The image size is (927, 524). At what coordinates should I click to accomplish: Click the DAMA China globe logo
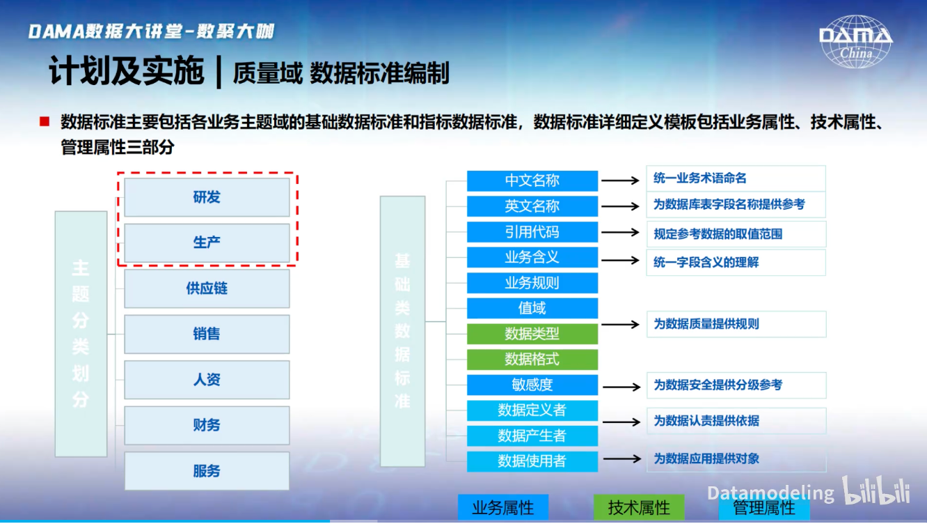[856, 41]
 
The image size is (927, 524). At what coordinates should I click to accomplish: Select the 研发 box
[207, 197]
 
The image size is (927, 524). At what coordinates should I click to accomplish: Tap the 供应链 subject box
[207, 288]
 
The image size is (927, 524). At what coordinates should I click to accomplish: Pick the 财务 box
[207, 425]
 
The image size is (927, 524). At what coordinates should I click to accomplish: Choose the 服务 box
[207, 471]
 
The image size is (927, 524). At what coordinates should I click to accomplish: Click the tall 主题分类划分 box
[81, 334]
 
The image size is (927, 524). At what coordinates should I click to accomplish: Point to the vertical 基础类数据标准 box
[403, 332]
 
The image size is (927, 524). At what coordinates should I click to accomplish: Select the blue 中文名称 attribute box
[532, 180]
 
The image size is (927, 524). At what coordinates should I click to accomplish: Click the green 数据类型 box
[532, 334]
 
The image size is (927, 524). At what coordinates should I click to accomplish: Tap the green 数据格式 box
[532, 359]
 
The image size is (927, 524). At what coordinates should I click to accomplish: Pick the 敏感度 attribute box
[532, 385]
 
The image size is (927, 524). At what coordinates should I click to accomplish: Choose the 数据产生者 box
[532, 436]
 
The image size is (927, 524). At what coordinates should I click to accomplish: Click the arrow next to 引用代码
[620, 232]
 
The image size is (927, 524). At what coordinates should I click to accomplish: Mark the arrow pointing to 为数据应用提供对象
[622, 458]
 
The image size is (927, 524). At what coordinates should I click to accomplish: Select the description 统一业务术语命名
[700, 178]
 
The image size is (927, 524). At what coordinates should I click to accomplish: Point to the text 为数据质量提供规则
[706, 324]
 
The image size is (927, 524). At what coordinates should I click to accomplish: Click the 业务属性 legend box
[503, 507]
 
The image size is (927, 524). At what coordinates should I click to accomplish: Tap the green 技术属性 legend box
[639, 507]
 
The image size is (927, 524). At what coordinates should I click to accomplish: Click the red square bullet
[45, 121]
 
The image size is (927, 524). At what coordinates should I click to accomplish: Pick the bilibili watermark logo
[876, 491]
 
